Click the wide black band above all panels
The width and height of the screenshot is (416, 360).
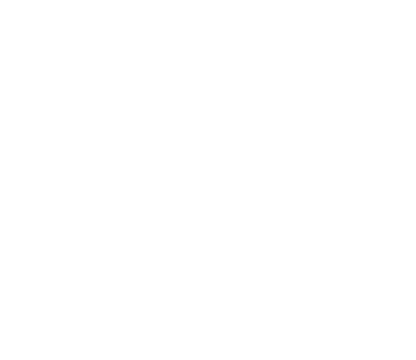(x=208, y=42)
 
